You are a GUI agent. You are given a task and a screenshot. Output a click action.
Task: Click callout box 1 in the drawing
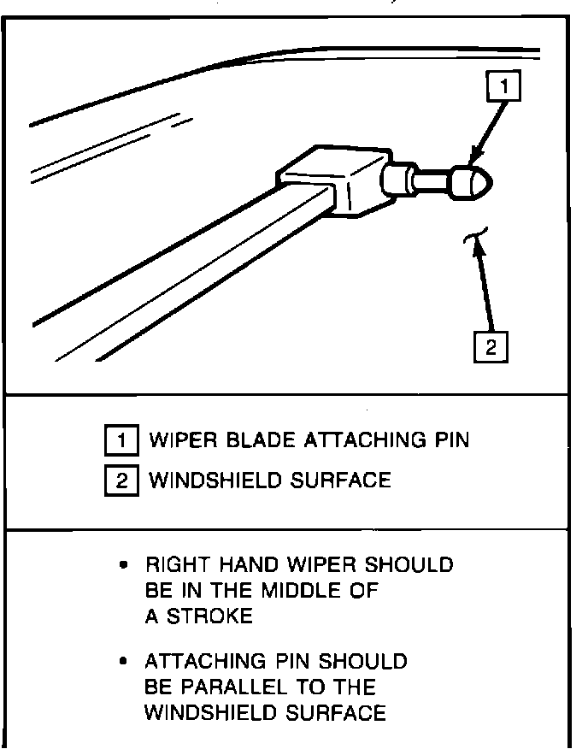(505, 86)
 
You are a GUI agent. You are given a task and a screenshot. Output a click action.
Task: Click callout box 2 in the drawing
(491, 347)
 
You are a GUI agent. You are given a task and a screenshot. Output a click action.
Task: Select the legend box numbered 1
(121, 441)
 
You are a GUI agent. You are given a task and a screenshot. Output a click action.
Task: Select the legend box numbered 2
(121, 481)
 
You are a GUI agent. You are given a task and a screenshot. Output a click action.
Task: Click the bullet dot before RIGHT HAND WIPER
(125, 566)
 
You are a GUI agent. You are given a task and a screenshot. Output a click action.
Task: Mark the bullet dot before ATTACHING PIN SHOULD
(125, 662)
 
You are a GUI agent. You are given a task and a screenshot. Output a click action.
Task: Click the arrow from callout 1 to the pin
(489, 128)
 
